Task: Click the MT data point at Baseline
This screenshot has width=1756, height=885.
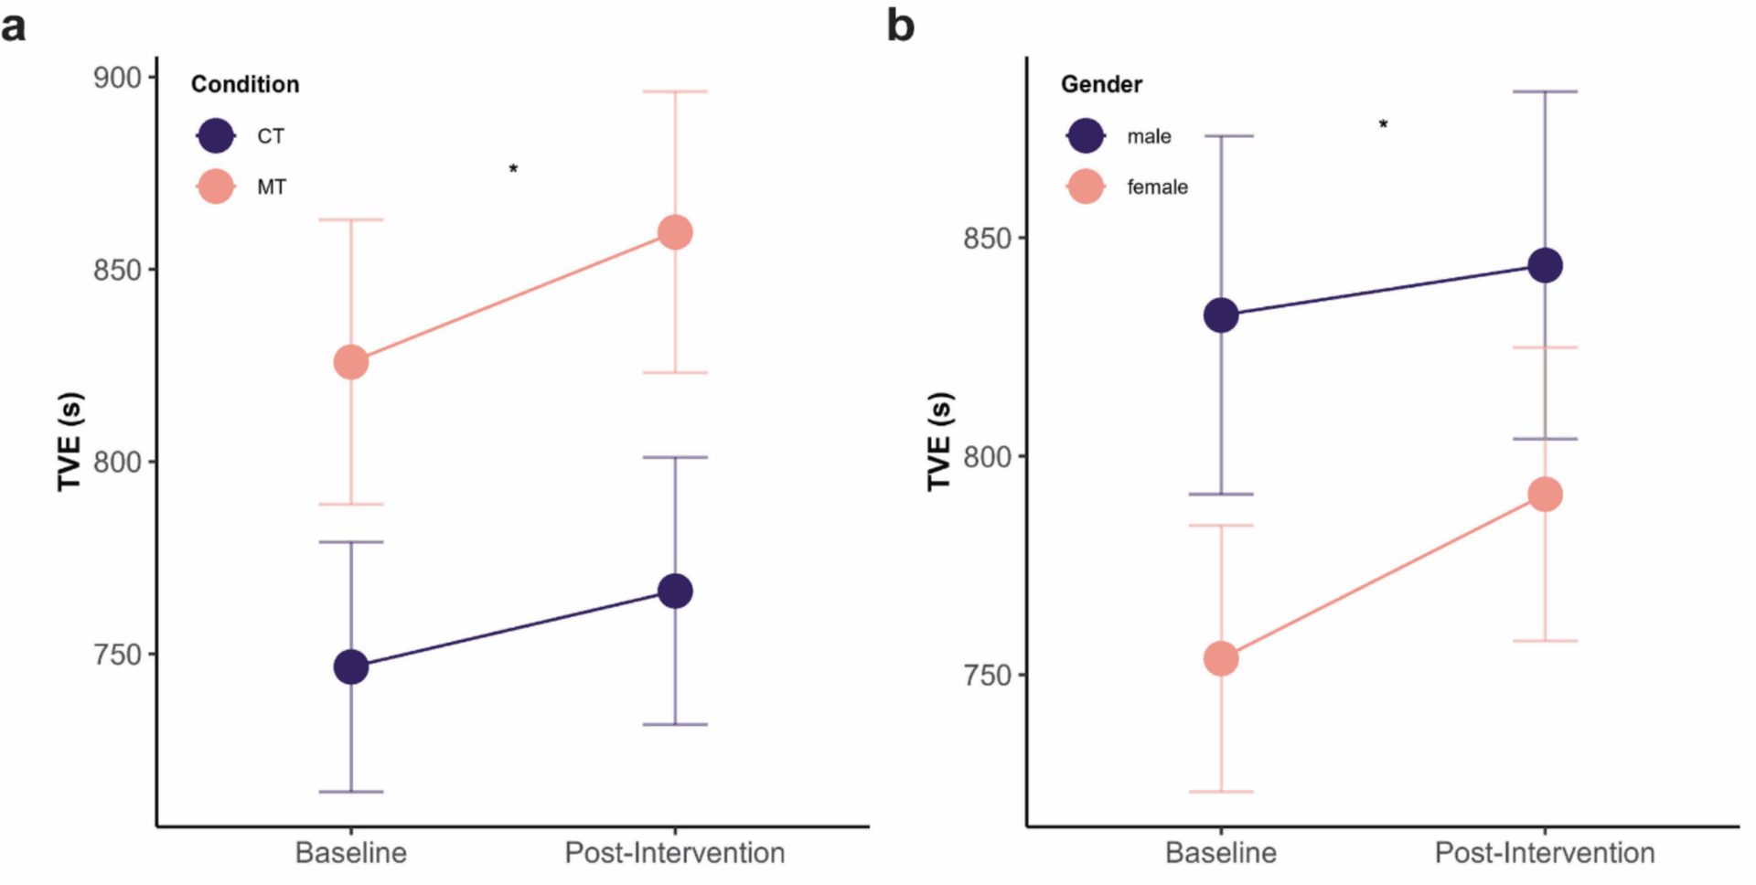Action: pos(351,362)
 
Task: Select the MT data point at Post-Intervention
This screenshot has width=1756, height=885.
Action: pos(675,232)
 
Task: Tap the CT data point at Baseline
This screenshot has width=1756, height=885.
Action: pos(351,666)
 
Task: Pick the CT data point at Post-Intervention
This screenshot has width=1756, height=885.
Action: pos(675,592)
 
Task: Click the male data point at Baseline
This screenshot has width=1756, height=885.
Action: pos(1221,315)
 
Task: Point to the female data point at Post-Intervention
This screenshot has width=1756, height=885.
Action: pos(1546,495)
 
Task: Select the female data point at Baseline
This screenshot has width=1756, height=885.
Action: pos(1221,658)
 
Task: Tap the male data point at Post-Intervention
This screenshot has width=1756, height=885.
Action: pos(1546,266)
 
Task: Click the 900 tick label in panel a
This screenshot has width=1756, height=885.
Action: pos(118,78)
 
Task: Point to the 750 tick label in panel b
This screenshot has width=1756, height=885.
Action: pos(988,675)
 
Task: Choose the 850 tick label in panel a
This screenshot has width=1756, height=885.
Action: pos(118,270)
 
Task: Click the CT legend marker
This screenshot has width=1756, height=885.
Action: pos(216,136)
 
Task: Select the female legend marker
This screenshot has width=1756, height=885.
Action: pos(1086,187)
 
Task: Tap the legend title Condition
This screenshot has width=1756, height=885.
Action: pos(245,84)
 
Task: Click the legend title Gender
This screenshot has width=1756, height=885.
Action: pos(1101,84)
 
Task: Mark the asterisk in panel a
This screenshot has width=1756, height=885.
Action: pos(513,169)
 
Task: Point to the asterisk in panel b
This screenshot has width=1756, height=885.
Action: pos(1383,124)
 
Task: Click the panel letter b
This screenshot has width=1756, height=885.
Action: pos(900,26)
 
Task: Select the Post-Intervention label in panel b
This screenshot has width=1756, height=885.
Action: pos(1545,852)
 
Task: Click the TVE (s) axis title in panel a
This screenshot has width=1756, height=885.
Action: pos(70,442)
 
